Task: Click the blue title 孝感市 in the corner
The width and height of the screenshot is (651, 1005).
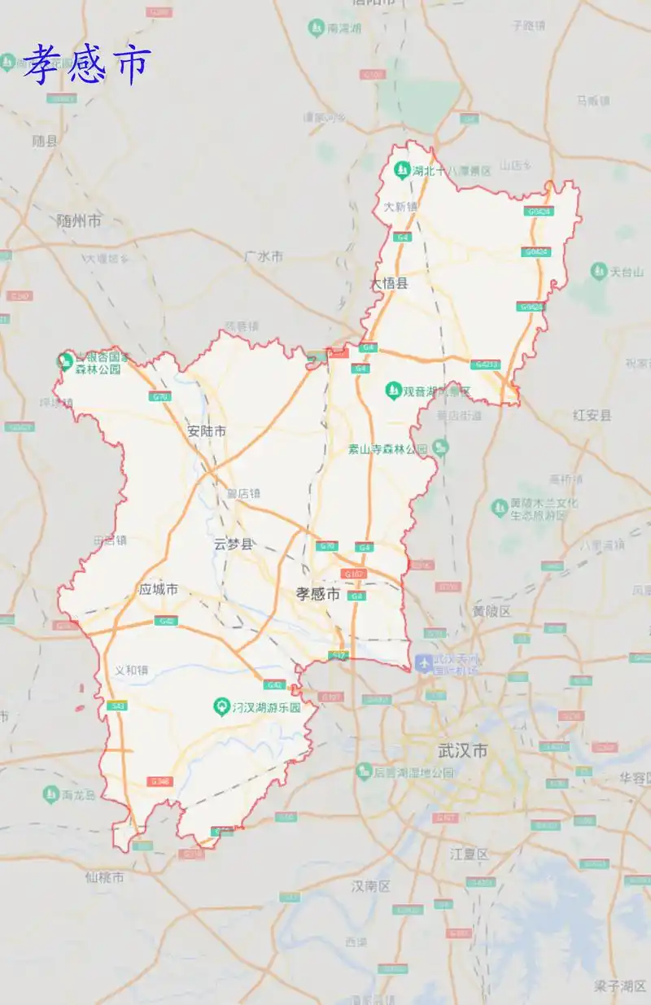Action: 87,64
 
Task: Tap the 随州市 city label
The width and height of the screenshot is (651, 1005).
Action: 79,221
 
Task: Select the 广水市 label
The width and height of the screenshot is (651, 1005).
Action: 263,256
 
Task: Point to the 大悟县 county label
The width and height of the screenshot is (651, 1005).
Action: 389,284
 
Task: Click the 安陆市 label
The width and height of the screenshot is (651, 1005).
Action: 207,431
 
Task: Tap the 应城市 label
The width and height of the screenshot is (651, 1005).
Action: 158,589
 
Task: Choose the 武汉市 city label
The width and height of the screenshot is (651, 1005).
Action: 461,750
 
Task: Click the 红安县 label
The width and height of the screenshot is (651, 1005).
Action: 592,415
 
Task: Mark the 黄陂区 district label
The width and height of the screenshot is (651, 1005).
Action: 492,610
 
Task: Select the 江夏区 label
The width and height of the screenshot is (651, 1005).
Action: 470,854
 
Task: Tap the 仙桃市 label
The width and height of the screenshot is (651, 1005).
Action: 104,877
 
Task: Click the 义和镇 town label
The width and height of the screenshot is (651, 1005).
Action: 131,671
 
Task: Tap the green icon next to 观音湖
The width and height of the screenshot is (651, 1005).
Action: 393,391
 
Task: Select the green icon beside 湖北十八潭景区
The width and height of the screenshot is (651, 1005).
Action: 401,171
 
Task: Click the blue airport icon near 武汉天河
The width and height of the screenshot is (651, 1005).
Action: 423,663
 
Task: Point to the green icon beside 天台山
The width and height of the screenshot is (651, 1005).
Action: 599,271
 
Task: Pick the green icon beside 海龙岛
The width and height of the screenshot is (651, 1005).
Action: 51,793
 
